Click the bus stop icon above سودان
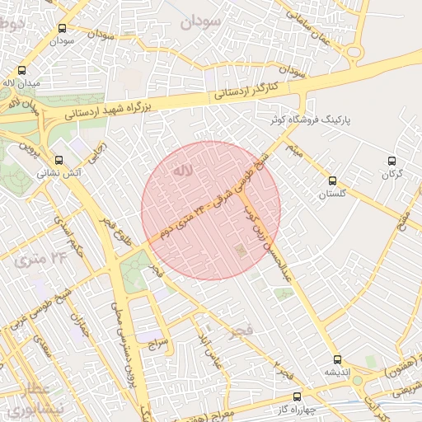tap(63, 27)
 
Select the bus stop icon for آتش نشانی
tap(58, 161)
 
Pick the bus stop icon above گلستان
tap(333, 181)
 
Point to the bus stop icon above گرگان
tap(392, 161)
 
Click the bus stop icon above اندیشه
tap(336, 359)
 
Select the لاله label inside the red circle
tap(181, 171)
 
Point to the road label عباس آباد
tap(204, 349)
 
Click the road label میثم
tap(293, 152)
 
